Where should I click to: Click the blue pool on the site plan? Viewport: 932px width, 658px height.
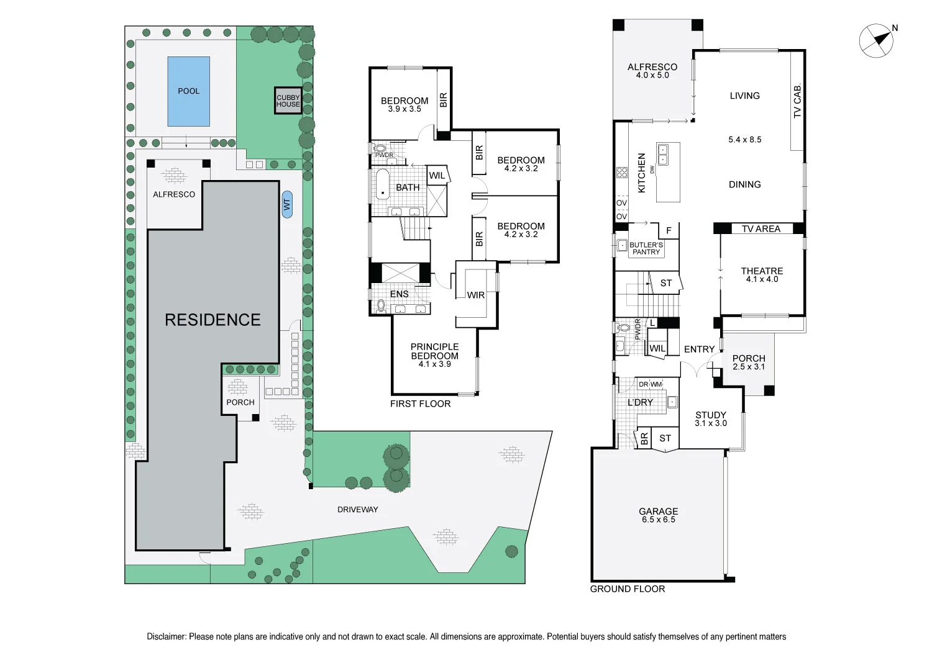(x=188, y=91)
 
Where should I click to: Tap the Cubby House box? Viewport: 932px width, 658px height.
(x=288, y=101)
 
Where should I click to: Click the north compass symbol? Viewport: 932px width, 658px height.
(x=877, y=41)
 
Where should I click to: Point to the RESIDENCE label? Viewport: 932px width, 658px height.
(x=212, y=320)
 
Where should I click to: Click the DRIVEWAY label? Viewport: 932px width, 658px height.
(x=357, y=510)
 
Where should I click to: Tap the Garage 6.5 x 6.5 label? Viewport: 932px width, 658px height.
(x=658, y=515)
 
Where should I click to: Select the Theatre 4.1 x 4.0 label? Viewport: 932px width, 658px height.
(x=762, y=274)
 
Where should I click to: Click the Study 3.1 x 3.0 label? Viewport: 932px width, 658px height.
(x=711, y=418)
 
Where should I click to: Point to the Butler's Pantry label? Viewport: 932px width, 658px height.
(x=646, y=248)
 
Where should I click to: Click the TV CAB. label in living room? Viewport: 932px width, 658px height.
(x=798, y=101)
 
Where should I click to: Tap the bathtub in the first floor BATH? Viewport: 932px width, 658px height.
(x=382, y=184)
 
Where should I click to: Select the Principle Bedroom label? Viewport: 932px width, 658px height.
(x=434, y=354)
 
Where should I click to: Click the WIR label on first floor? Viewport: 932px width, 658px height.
(x=476, y=295)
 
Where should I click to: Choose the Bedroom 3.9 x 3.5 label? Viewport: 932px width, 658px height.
(x=404, y=104)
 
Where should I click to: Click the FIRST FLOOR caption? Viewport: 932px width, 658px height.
(x=420, y=403)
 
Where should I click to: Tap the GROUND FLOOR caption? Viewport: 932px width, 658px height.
(x=627, y=588)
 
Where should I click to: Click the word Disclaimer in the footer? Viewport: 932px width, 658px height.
(x=166, y=636)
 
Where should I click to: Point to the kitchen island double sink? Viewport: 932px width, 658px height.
(x=663, y=155)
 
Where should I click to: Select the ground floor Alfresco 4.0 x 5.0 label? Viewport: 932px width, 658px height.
(x=652, y=70)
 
